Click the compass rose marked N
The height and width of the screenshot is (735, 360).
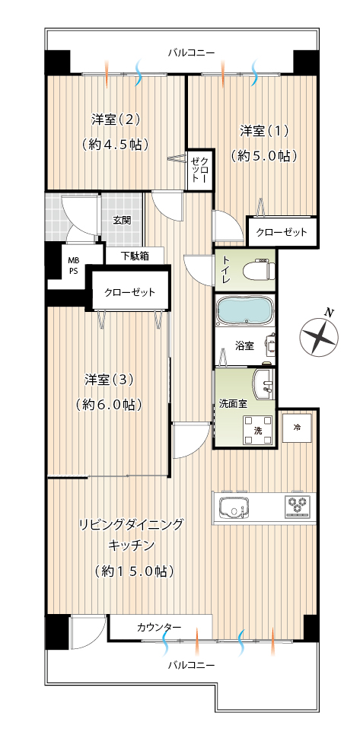point(320,335)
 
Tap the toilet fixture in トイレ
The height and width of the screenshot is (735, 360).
point(260,271)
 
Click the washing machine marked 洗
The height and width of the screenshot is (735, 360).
point(257,429)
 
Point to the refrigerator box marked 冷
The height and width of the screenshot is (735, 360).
point(297,428)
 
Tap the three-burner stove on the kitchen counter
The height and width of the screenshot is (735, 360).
point(298,506)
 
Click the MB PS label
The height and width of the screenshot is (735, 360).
point(74,266)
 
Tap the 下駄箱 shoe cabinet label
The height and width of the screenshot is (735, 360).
point(135,256)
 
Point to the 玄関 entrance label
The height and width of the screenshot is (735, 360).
point(122,219)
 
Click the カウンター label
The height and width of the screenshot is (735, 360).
point(159,627)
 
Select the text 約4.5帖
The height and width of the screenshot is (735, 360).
point(115,144)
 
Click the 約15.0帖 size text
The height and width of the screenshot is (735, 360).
point(134,571)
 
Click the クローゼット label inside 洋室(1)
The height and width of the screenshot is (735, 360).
point(282,232)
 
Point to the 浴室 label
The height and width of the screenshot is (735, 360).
point(244,346)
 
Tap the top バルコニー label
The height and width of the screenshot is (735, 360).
point(192,52)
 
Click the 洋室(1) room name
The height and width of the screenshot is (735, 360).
point(264,131)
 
